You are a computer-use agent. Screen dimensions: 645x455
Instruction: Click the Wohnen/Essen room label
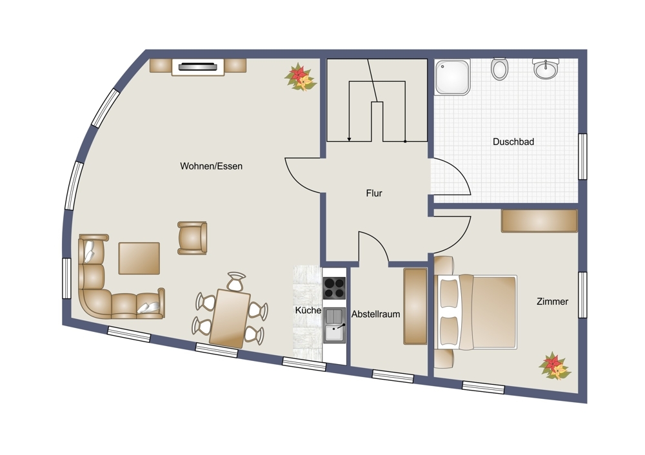click(211, 166)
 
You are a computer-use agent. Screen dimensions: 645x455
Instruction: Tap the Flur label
click(374, 193)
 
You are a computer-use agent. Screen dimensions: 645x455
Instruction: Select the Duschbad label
click(513, 142)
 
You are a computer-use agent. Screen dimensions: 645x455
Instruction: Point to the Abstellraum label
click(375, 315)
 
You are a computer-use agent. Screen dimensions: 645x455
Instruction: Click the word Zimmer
click(553, 302)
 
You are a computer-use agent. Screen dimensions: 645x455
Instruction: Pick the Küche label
click(308, 311)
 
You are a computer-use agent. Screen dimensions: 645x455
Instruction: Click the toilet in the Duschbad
click(499, 69)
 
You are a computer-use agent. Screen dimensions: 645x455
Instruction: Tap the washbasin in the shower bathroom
click(546, 68)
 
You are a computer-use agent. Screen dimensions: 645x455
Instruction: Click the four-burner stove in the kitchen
click(334, 288)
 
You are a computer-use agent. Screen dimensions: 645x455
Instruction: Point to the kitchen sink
click(334, 325)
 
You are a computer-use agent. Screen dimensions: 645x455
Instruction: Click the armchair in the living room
click(192, 238)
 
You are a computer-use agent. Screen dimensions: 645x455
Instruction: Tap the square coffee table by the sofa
click(139, 258)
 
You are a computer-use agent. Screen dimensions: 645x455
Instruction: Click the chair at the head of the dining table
click(236, 282)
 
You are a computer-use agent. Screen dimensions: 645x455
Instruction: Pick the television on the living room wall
click(198, 66)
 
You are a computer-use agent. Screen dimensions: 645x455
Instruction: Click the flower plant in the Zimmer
click(555, 366)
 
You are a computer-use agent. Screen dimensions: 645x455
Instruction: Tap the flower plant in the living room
click(301, 77)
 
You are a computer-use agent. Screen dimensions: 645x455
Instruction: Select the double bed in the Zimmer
click(475, 313)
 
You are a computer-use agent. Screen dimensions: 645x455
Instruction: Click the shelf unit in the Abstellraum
click(415, 306)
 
